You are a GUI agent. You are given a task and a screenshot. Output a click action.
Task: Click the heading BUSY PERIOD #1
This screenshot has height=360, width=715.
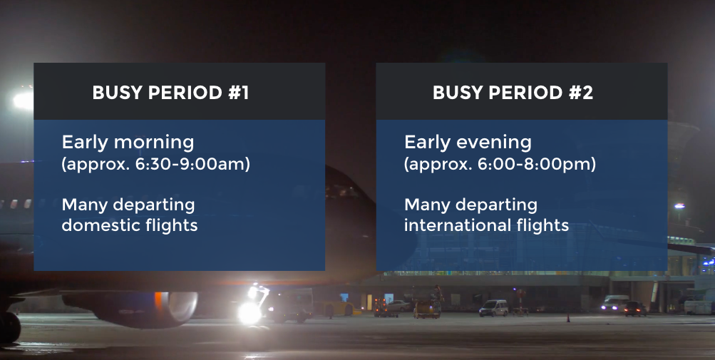170,93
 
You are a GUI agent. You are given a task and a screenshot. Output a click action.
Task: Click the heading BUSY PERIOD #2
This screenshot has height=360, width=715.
513,93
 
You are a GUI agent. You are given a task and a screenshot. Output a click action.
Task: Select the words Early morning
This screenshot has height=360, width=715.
128,143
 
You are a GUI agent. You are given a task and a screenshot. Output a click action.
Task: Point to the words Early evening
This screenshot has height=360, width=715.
468,143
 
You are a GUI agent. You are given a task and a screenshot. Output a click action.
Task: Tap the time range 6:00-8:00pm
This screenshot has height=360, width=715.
533,164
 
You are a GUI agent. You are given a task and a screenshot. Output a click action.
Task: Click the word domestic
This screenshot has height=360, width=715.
101,225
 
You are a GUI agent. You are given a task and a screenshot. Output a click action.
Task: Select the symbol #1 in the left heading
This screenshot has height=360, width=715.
239,93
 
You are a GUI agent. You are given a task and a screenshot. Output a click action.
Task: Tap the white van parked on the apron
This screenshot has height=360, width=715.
493,308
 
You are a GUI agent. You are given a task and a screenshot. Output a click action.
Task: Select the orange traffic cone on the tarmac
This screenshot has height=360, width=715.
568,317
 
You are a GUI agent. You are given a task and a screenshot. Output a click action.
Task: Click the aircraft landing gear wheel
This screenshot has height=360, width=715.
9,327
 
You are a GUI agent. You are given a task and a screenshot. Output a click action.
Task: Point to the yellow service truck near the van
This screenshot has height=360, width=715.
427,309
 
